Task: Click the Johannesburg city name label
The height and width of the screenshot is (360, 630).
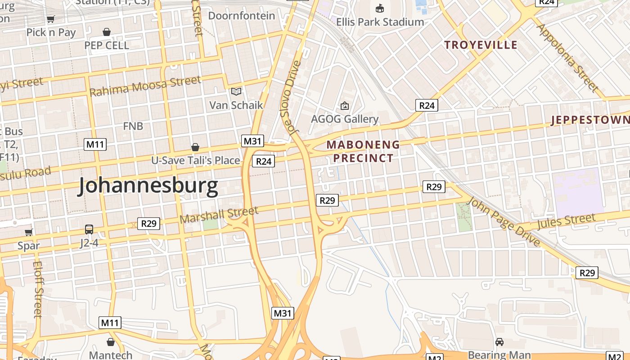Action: coord(148,186)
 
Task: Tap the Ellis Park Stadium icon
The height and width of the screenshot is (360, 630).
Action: coord(380,8)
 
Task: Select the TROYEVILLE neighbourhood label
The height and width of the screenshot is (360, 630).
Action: coord(481,45)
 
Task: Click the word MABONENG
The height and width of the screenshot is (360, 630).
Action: coord(363,145)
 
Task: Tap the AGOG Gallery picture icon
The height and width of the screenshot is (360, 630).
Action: coord(345,106)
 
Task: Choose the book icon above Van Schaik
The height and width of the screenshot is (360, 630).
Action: coord(236,92)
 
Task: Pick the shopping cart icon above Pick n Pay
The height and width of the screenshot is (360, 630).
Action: coord(51,19)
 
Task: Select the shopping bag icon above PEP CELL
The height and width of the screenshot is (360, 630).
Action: coord(107,32)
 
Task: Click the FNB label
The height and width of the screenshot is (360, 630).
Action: coord(133,126)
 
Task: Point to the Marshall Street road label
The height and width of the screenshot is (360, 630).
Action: coord(219,215)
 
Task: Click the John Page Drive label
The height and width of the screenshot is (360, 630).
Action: coord(504,222)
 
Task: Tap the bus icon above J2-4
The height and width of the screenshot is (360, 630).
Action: coord(89,229)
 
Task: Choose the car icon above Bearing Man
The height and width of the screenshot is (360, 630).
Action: coord(499,342)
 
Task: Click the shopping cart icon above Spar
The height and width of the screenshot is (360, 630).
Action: coord(29,232)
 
